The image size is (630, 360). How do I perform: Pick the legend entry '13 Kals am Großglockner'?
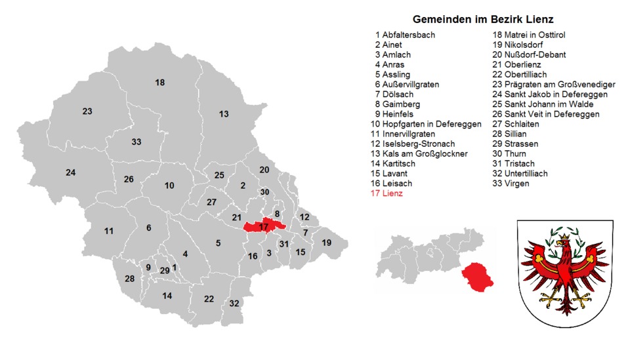419,153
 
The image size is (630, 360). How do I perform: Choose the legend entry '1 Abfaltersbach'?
405,35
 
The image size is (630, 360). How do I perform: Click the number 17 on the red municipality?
264,227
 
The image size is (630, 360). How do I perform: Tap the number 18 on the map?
159,82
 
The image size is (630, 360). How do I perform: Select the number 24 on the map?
71,172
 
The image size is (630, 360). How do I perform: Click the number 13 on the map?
224,114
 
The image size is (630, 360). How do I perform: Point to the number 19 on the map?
326,243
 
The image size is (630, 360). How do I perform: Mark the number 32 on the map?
234,303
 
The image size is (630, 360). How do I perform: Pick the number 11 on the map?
109,231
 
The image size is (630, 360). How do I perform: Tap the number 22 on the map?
209,299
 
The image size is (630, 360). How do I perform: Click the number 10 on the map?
169,186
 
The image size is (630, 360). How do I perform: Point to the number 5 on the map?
218,243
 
